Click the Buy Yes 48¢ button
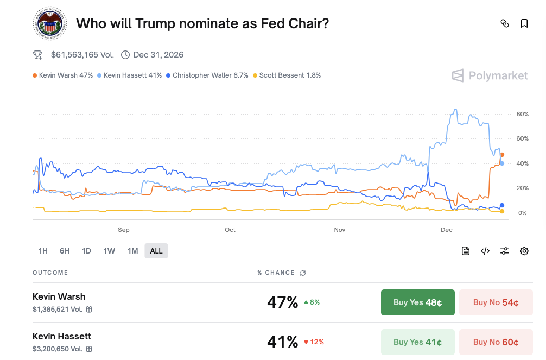point(417,302)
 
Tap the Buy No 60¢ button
point(496,342)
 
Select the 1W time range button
point(109,251)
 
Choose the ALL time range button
point(156,251)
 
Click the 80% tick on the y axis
point(522,114)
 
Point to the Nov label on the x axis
point(340,230)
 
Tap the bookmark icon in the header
point(524,23)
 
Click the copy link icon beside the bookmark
point(505,23)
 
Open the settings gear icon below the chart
point(524,251)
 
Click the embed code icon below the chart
point(485,251)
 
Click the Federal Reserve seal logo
point(49,24)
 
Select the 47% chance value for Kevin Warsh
point(282,302)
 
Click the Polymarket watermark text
point(498,75)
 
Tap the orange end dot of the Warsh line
point(502,155)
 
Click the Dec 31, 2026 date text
point(158,55)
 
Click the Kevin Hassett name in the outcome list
point(62,336)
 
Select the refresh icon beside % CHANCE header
point(302,273)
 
